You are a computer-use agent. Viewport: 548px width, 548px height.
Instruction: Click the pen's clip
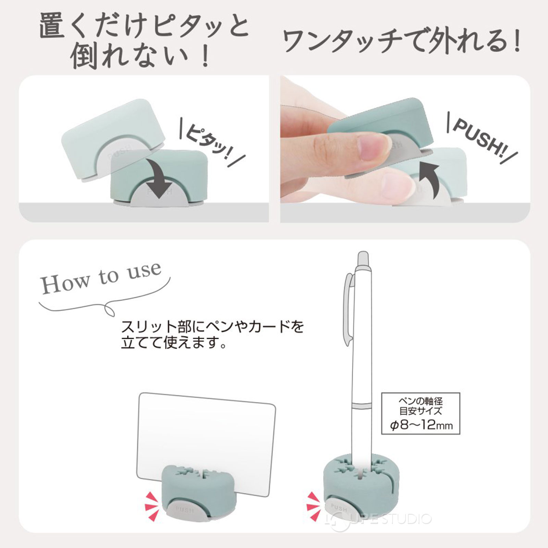tap(348, 308)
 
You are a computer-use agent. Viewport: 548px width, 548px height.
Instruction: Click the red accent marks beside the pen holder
tap(313, 507)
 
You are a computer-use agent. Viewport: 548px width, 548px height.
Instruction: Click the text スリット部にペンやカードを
tap(212, 327)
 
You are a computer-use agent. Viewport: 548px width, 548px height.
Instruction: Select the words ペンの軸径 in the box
tap(421, 401)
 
